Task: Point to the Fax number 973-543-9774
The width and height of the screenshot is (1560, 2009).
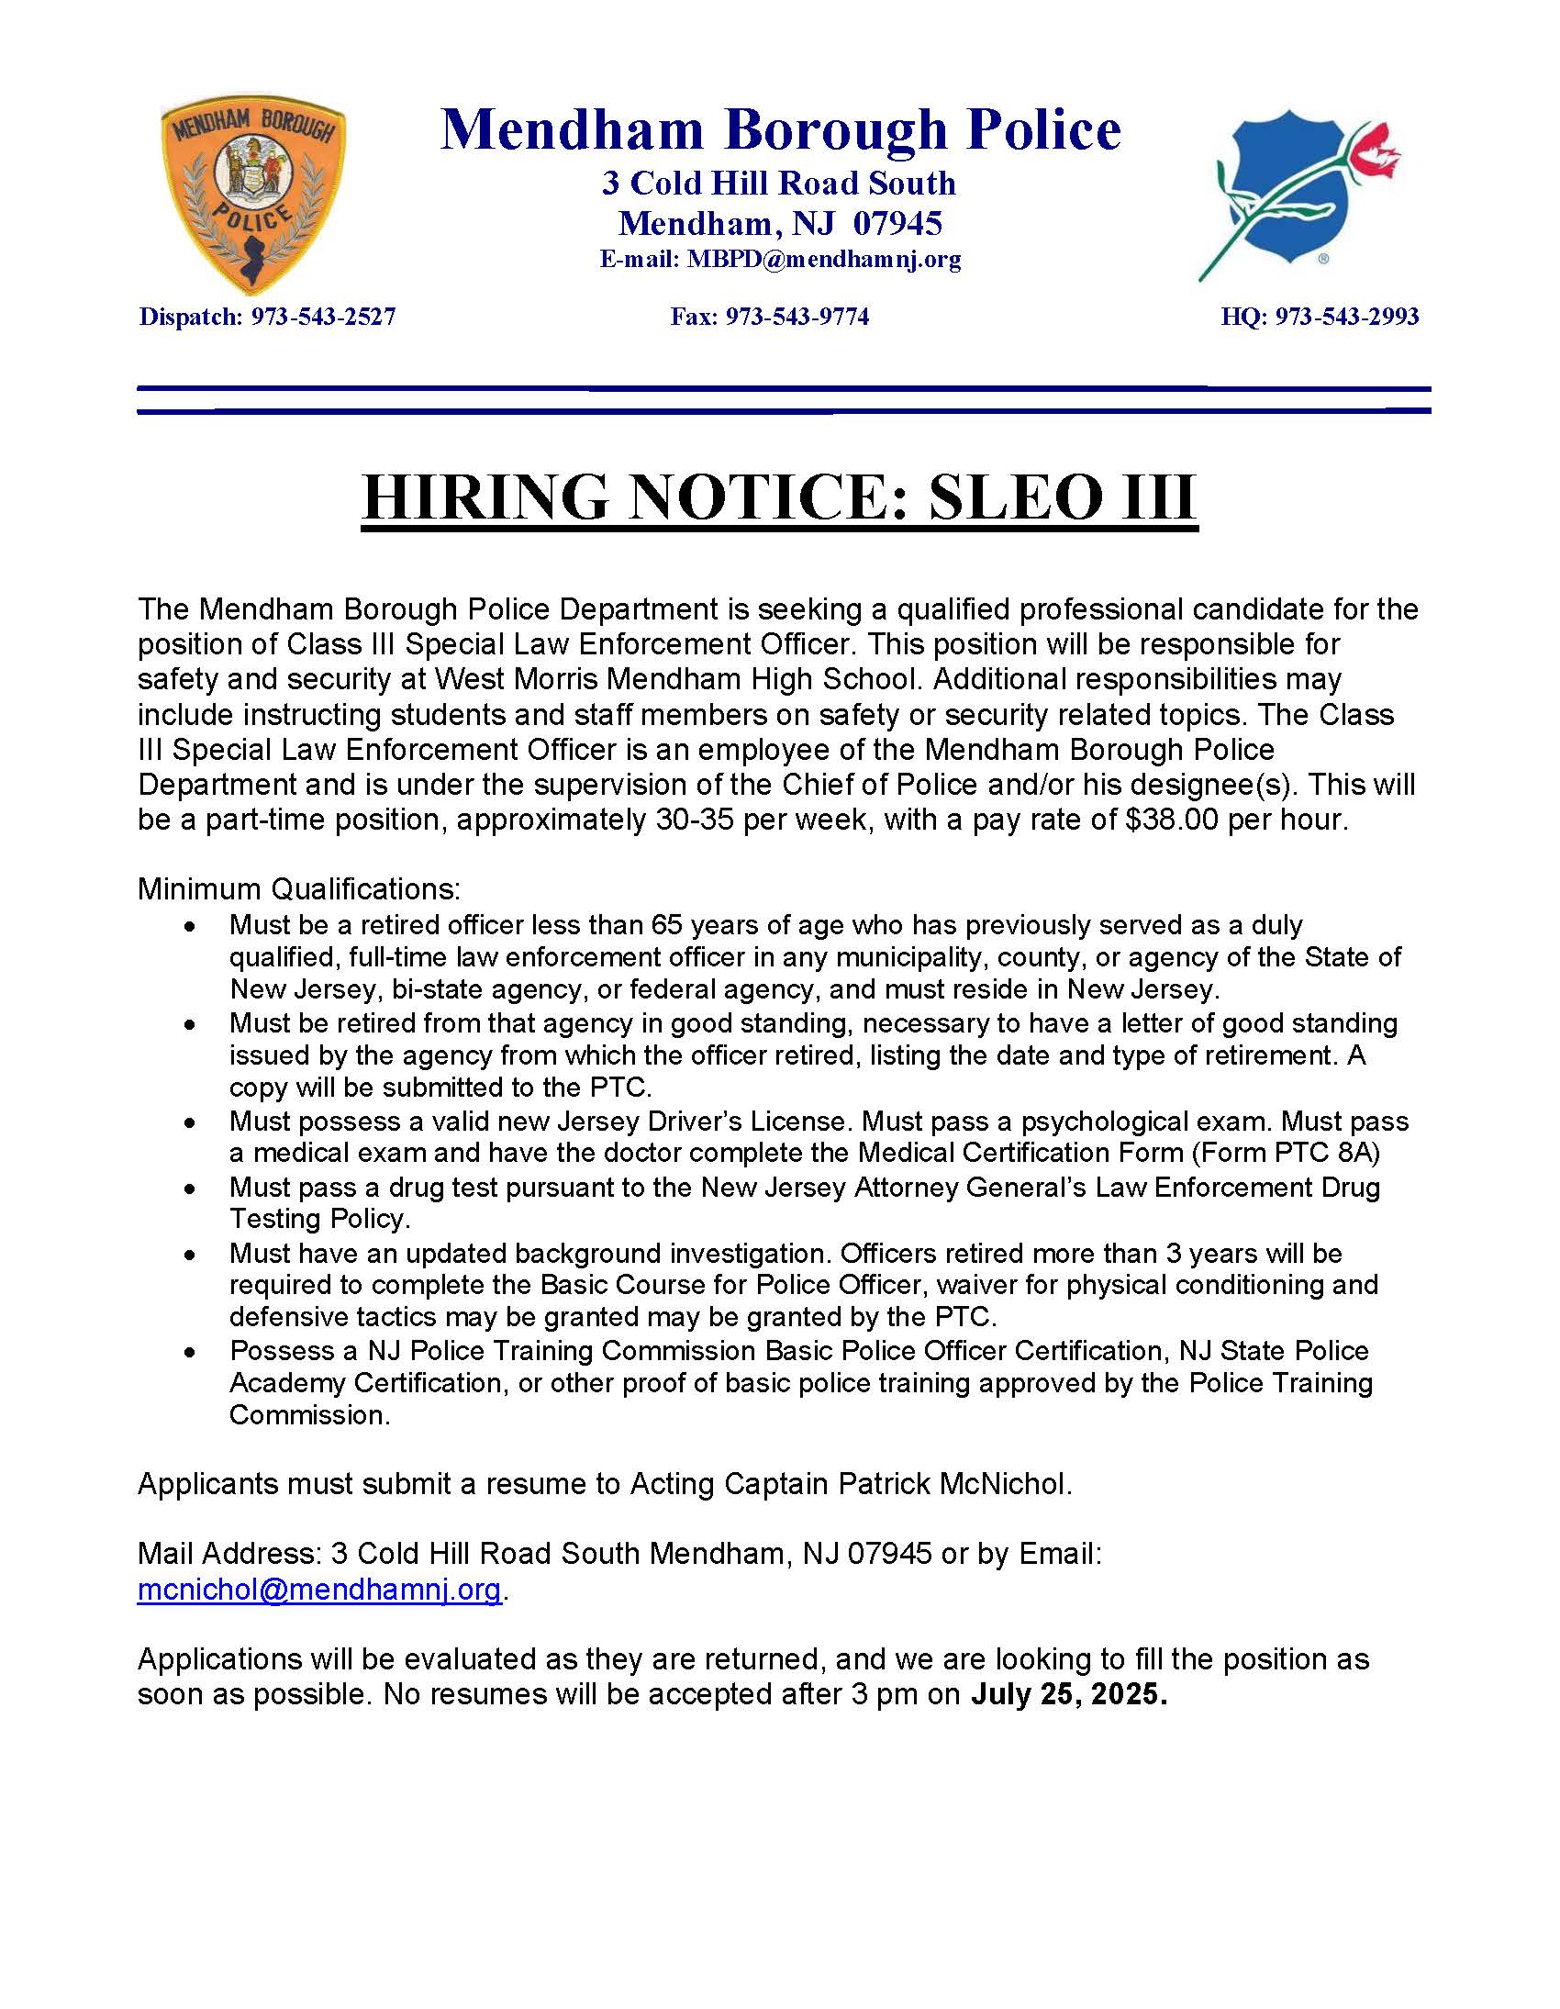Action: (797, 318)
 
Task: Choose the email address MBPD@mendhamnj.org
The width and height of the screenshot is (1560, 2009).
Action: (824, 260)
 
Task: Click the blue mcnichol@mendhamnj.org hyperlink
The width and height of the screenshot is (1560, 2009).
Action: (319, 1590)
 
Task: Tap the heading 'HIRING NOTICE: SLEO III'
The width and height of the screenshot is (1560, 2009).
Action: (780, 497)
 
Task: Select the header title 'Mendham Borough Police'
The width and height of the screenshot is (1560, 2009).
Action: (781, 129)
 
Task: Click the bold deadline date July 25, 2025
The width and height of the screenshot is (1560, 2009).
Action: (1068, 1694)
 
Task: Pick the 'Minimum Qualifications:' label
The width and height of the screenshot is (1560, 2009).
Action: (299, 889)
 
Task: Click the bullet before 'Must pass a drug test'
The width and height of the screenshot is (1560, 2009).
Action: (189, 1189)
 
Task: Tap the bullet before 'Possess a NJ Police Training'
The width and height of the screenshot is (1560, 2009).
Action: (189, 1353)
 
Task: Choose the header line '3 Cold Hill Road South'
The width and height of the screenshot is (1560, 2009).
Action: (779, 183)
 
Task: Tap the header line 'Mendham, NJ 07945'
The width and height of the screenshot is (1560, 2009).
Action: (780, 224)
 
